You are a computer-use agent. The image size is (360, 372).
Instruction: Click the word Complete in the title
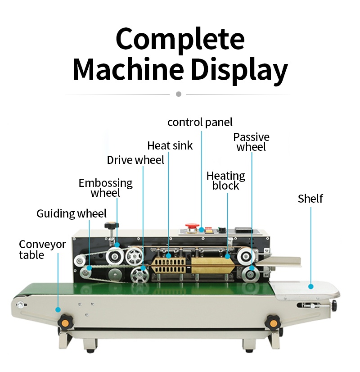[x=180, y=40]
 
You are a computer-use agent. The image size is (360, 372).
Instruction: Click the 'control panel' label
[x=200, y=122]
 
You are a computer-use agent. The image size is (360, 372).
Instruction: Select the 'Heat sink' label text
[x=170, y=145]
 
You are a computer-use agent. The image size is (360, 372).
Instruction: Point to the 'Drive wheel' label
[x=135, y=160]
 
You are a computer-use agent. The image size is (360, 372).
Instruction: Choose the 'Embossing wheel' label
[x=106, y=188]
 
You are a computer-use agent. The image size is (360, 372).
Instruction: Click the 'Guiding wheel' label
[x=72, y=213]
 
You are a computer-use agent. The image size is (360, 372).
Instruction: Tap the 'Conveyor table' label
[x=42, y=250]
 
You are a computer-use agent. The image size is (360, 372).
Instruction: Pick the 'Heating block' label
[x=225, y=181]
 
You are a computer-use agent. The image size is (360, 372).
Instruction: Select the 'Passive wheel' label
[x=251, y=142]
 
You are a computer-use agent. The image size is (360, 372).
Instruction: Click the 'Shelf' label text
[x=310, y=199]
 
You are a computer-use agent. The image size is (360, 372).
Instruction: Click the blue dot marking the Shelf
[x=310, y=286]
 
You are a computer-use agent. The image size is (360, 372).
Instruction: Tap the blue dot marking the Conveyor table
[x=58, y=309]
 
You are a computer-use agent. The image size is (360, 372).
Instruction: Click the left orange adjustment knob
[x=65, y=322]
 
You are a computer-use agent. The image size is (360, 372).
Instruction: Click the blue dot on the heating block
[x=227, y=257]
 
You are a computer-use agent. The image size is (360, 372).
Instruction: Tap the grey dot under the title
[x=179, y=94]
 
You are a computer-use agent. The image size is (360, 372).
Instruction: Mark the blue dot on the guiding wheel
[x=89, y=268]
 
